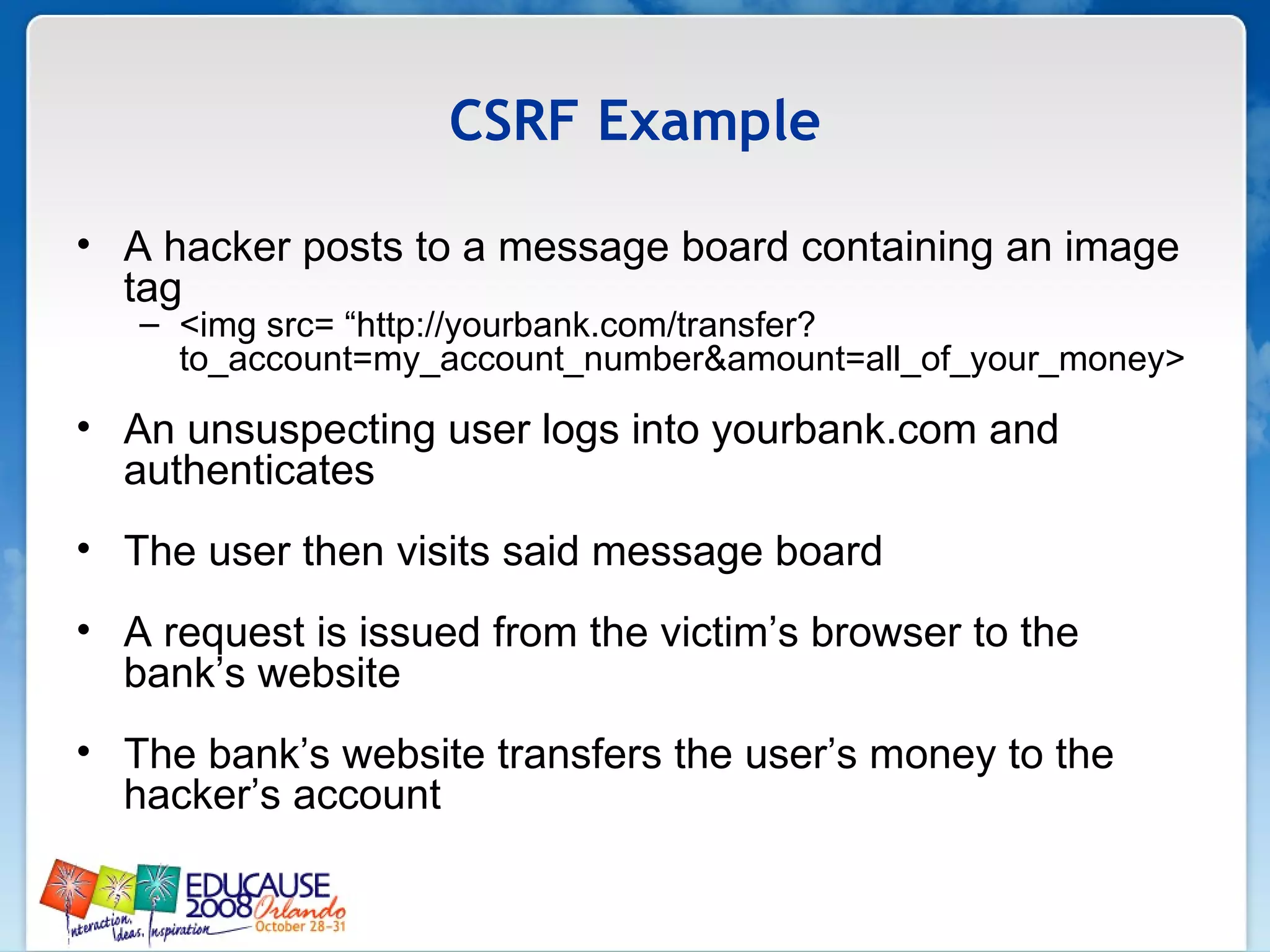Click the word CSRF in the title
(x=514, y=121)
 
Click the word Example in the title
(x=708, y=122)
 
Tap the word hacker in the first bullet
(x=227, y=247)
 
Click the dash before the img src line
(x=149, y=325)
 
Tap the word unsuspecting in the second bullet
(x=311, y=430)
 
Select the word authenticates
(x=249, y=470)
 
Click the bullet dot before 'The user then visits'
(x=84, y=549)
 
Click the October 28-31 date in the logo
(x=300, y=927)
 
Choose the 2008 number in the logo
(x=219, y=909)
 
